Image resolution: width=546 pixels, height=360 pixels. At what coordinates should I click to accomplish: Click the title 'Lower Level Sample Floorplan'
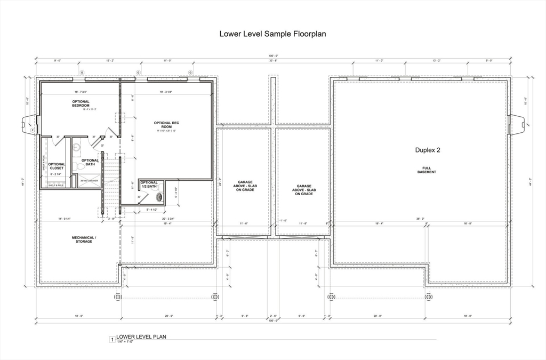272,34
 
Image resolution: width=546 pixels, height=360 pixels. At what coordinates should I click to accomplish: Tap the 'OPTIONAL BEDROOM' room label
81,103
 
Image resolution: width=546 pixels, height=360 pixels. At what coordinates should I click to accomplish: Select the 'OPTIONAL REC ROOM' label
163,125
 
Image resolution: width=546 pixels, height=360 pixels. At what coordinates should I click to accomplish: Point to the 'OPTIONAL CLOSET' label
57,166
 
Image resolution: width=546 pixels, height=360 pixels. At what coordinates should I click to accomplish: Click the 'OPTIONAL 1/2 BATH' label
149,185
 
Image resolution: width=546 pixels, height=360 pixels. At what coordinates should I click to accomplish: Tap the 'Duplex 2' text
428,150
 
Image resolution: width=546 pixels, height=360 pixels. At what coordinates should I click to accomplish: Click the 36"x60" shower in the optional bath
89,181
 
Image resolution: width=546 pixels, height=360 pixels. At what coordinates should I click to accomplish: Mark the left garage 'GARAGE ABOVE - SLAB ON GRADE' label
245,186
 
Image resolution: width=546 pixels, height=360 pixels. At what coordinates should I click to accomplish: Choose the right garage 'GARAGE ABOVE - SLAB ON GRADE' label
304,190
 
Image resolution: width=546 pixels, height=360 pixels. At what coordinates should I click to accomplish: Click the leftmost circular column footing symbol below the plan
118,297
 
